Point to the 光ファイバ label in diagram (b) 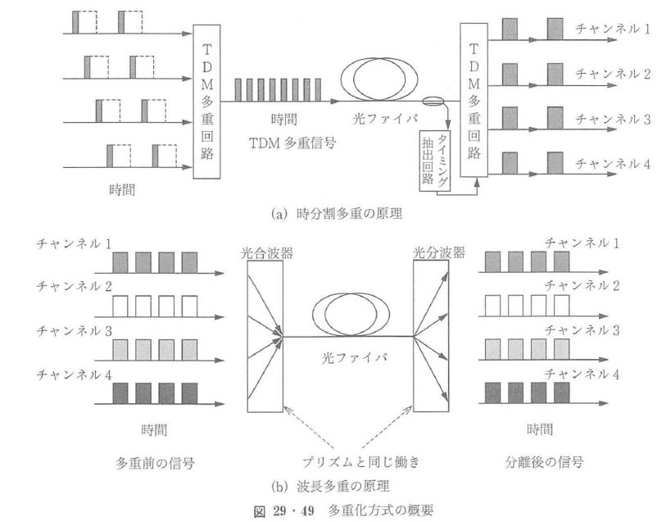349,358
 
